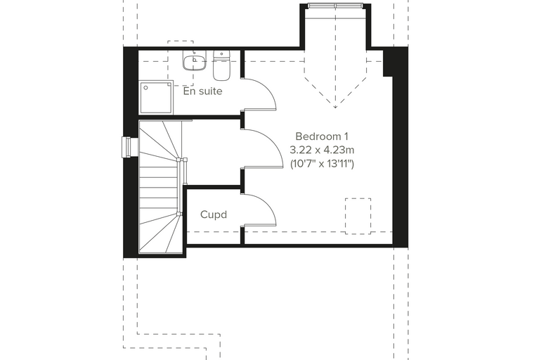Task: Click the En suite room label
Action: click(202, 91)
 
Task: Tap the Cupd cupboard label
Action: click(214, 214)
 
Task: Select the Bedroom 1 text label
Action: click(322, 136)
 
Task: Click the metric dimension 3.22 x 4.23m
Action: click(322, 150)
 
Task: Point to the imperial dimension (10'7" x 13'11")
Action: click(322, 164)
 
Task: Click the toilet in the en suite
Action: click(221, 65)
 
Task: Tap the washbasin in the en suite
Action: click(194, 60)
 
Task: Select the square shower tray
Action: click(156, 98)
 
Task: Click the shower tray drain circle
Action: click(145, 88)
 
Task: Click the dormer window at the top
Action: click(335, 6)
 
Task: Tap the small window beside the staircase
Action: click(126, 147)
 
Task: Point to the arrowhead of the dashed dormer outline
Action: click(335, 107)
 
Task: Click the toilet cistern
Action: click(222, 55)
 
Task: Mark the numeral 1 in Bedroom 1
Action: click(346, 136)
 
